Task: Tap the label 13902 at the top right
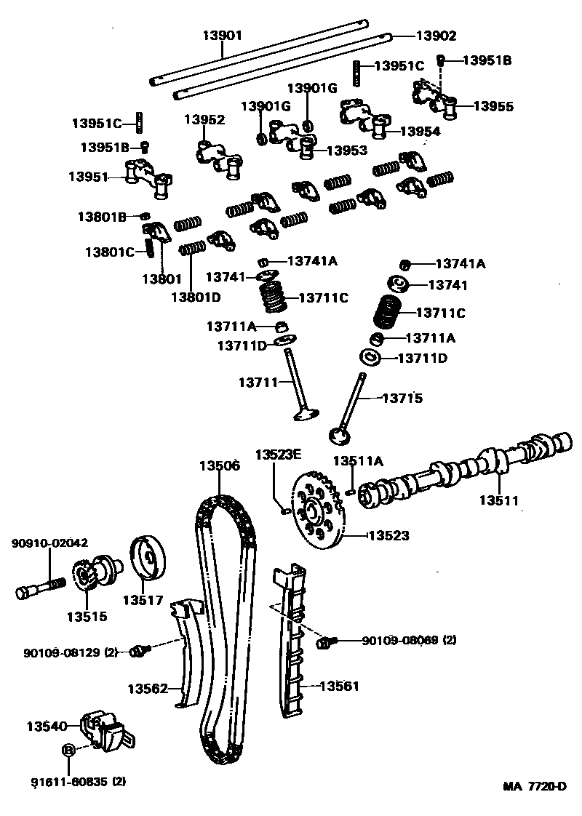436,35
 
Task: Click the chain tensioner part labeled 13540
105,730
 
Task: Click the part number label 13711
258,382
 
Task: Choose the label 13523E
277,455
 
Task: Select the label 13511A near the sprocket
357,460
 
